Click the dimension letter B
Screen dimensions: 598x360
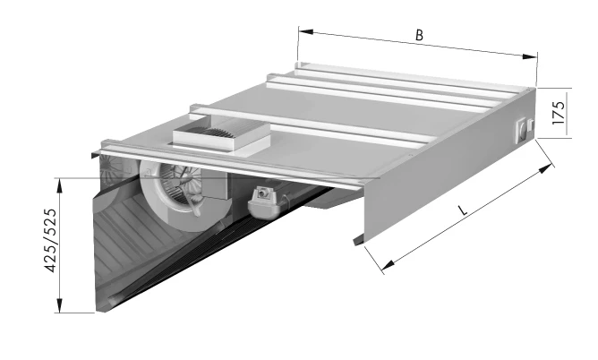[419, 35]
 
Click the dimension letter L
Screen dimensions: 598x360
[463, 210]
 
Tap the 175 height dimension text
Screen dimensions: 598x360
[558, 112]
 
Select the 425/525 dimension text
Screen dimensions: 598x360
[51, 240]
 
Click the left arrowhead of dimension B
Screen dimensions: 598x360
[306, 31]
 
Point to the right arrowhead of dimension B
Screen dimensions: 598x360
[529, 56]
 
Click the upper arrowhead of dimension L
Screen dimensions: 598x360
[545, 168]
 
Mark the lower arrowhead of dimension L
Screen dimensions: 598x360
[389, 264]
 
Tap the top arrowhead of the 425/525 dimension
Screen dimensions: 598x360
[59, 185]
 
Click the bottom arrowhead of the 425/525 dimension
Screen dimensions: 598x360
[59, 305]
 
